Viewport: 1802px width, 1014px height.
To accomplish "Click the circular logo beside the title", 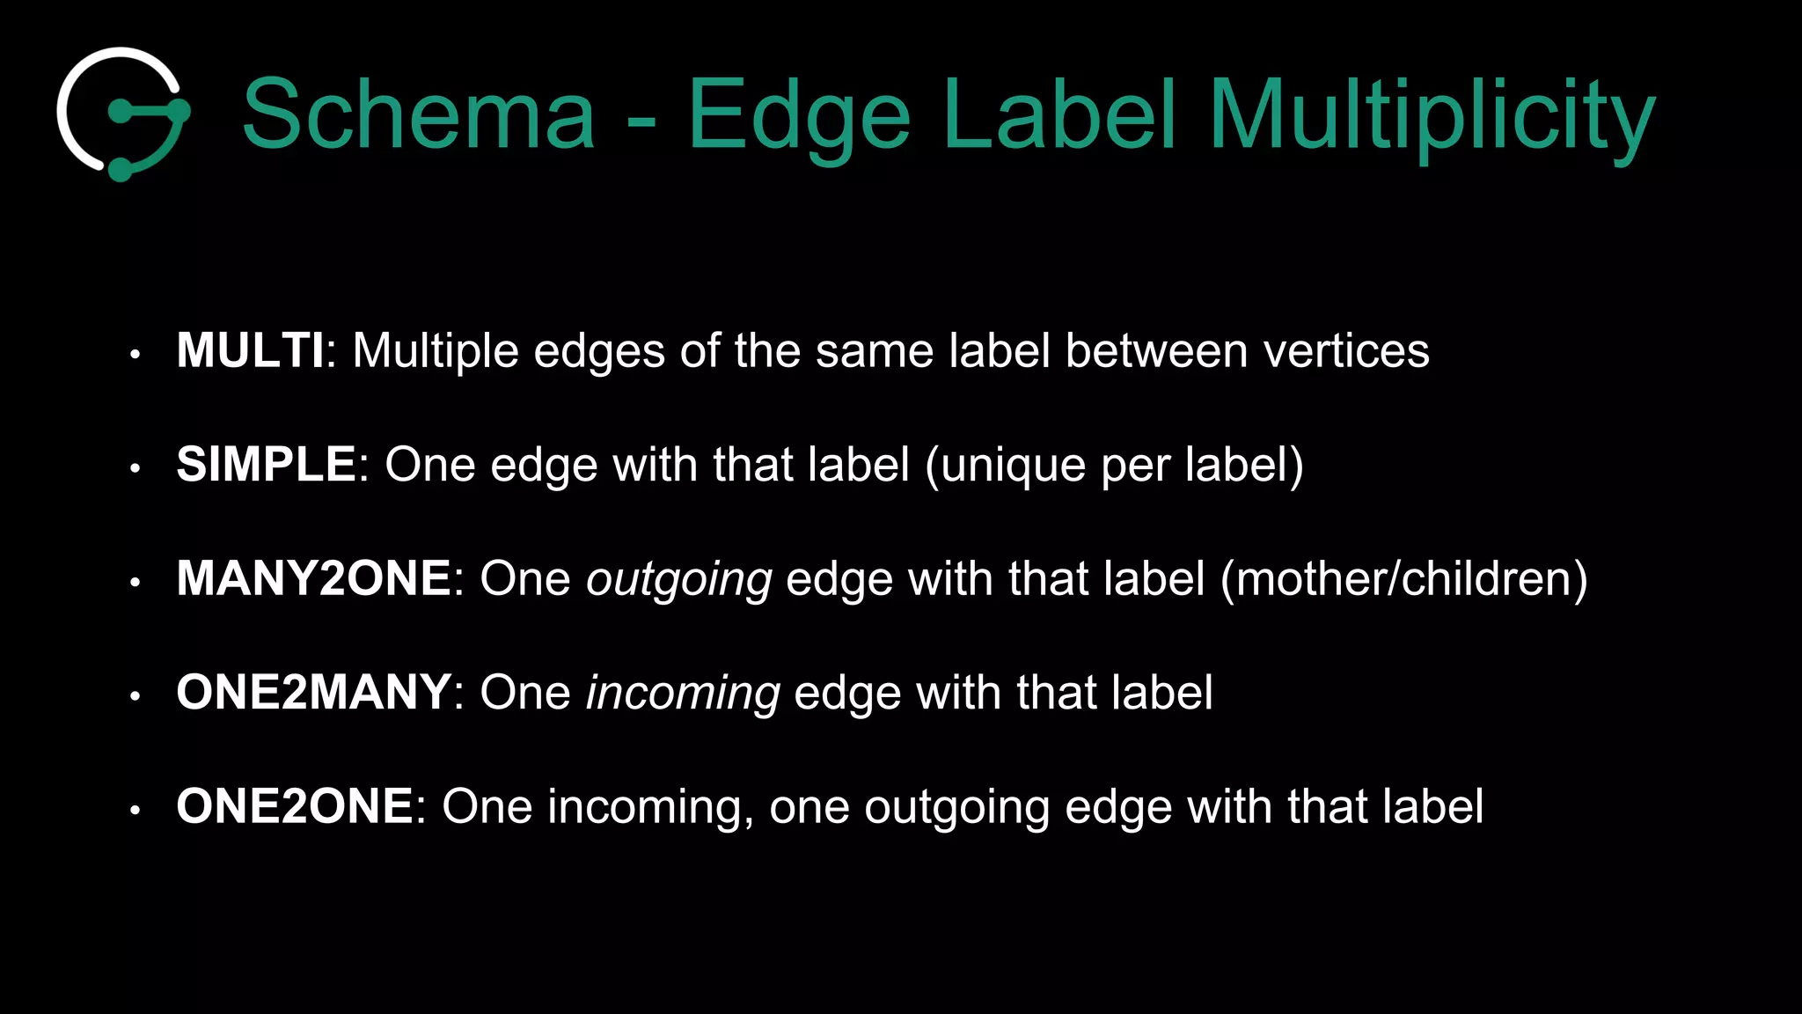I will click(x=123, y=114).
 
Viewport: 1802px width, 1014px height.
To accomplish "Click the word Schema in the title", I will click(x=419, y=114).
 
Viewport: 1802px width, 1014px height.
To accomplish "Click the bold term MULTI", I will click(x=250, y=350).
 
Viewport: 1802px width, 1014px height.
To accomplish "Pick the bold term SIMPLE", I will click(x=266, y=464).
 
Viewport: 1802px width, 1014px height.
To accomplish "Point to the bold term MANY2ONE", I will click(x=314, y=578).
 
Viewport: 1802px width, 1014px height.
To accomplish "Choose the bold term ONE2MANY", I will click(x=314, y=692).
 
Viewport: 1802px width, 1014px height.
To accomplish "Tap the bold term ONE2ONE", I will click(x=295, y=805).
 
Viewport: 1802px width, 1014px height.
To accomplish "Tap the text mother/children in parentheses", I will click(x=1404, y=579).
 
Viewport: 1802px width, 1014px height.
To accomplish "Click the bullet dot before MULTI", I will click(x=135, y=355).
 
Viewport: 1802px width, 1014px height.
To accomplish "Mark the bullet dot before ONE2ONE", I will click(x=135, y=810).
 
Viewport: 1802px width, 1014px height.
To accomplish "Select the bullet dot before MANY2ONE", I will click(x=135, y=583).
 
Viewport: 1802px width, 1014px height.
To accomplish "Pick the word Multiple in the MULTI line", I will click(x=436, y=351).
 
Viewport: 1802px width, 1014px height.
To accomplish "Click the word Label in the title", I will click(x=1059, y=114).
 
